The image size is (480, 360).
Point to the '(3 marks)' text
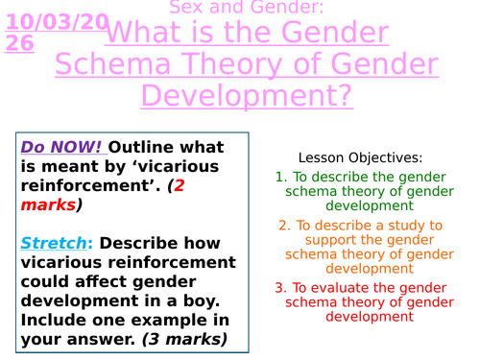[184, 339]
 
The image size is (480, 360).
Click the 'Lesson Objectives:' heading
[360, 157]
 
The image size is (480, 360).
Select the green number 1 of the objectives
[280, 178]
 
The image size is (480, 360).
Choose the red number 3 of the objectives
[280, 287]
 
